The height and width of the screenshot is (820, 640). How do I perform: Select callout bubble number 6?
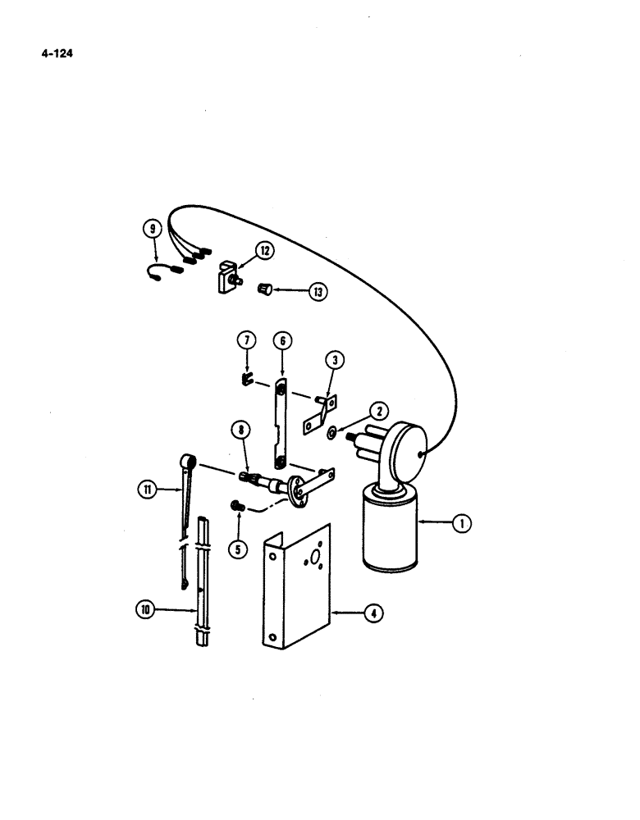click(281, 339)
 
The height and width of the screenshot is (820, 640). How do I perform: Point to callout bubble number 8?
click(240, 429)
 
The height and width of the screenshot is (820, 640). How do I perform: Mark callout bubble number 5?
click(237, 548)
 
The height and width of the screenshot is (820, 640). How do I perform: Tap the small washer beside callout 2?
click(330, 431)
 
